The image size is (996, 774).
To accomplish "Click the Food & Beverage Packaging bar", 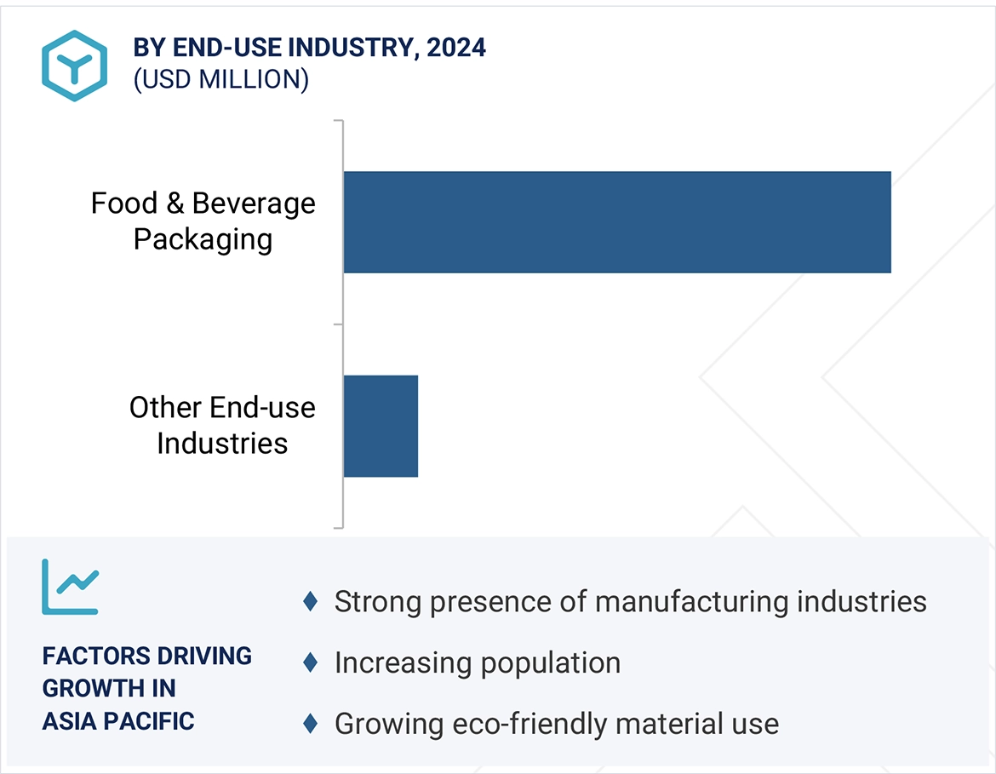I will [616, 222].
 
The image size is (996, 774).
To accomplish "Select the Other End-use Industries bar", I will [381, 426].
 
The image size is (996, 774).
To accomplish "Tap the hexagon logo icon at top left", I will [74, 66].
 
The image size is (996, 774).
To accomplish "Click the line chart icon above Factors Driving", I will [71, 587].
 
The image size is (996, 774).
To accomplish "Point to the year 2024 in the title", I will [456, 48].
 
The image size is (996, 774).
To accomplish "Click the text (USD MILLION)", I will [220, 79].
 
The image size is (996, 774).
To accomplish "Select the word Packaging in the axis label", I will [203, 239].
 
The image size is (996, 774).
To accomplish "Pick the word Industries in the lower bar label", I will [222, 444].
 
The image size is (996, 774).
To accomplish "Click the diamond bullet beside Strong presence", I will [311, 602].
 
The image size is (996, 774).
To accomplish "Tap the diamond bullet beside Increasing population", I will [311, 662].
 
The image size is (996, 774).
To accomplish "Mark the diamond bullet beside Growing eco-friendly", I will [311, 724].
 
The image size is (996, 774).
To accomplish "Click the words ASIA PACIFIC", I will [118, 721].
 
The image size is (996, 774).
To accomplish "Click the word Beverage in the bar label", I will [254, 204].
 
